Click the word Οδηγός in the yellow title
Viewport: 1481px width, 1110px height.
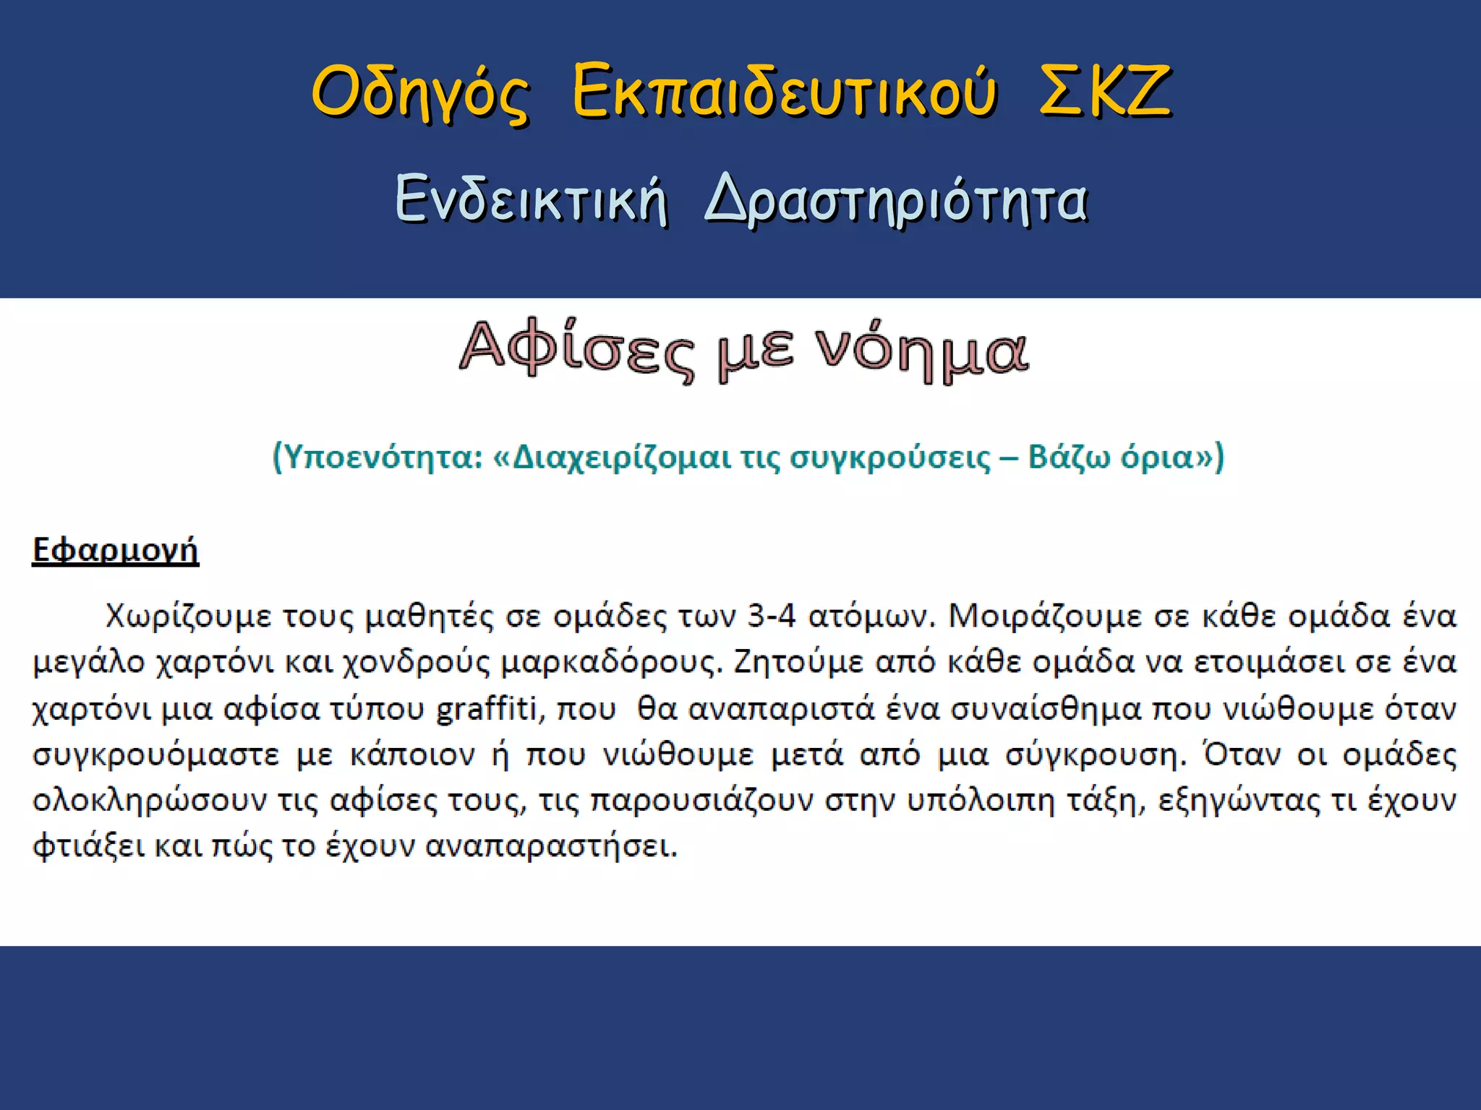[x=420, y=92]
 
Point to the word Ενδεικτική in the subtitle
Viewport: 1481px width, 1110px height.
[x=532, y=199]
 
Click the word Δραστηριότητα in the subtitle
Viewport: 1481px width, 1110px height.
[x=896, y=201]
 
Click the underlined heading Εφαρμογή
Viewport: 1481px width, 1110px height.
[x=115, y=550]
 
